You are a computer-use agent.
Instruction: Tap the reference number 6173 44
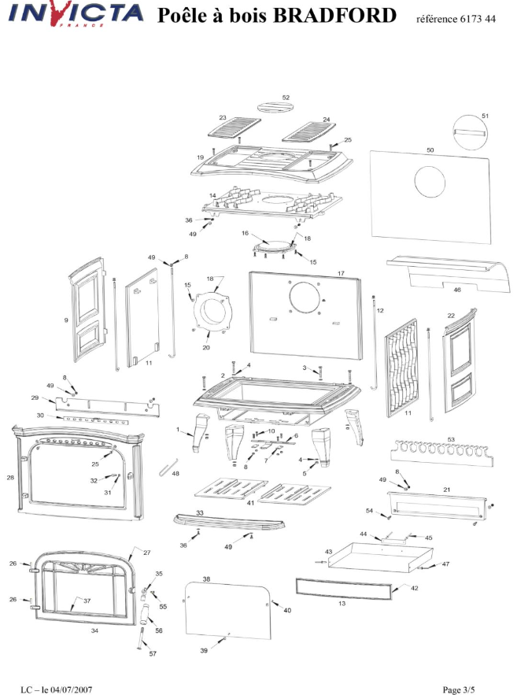tap(474, 18)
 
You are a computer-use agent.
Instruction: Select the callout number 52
tap(286, 98)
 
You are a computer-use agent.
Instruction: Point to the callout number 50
tap(430, 149)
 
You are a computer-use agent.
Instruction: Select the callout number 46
tap(478, 289)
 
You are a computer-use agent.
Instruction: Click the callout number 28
tap(11, 478)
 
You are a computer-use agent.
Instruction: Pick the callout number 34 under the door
tap(94, 630)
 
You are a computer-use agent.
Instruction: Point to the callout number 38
tap(205, 579)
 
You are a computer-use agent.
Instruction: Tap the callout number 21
tap(446, 490)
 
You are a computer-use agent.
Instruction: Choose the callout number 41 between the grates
tap(250, 502)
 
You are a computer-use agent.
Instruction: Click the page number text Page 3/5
tap(459, 689)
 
